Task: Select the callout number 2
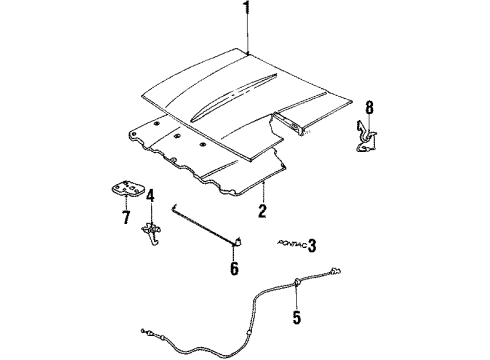tap(262, 210)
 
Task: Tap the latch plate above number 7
tap(125, 187)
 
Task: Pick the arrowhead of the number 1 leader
tap(246, 50)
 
